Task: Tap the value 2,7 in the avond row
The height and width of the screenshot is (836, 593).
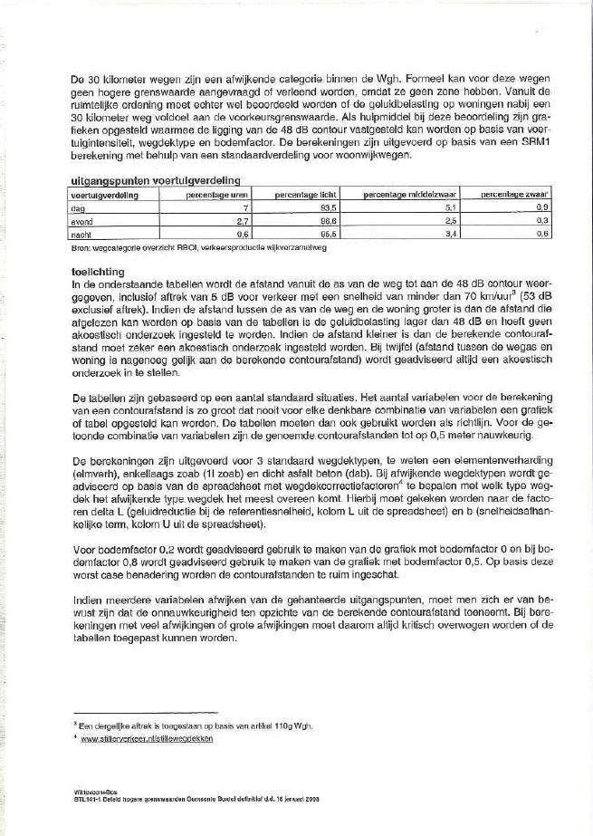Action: coord(242,220)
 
